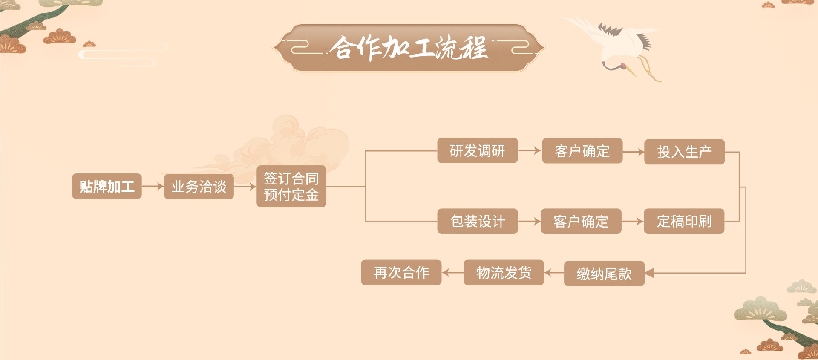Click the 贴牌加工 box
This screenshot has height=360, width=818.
point(107,186)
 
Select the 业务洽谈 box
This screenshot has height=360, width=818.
point(199,186)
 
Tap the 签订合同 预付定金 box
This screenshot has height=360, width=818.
point(291,186)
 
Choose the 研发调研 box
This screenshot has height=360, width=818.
point(477,150)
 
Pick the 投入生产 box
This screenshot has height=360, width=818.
point(684,152)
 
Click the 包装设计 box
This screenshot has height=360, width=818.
point(477,221)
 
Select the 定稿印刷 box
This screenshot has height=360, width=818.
point(684,221)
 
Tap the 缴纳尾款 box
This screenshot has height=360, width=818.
point(604,274)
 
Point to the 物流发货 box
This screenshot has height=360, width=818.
point(504,272)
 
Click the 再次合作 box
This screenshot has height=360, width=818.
point(401,272)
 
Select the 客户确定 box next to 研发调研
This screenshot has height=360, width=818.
point(582,151)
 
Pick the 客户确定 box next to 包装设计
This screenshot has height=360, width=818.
point(581,221)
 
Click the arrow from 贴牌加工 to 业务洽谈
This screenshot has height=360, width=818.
point(153,186)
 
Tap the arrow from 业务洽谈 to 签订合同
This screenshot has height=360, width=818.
point(245,186)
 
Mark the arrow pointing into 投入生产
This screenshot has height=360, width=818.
point(634,151)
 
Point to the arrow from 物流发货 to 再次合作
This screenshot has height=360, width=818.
point(452,272)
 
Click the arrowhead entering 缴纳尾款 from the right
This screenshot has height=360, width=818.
point(650,273)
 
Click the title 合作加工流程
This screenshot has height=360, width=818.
point(409,48)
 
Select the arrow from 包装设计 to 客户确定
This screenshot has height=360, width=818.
point(530,221)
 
